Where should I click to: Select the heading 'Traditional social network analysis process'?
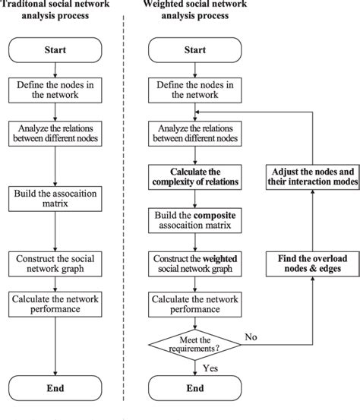[x=52, y=10]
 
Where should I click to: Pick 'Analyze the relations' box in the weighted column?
[x=196, y=132]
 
